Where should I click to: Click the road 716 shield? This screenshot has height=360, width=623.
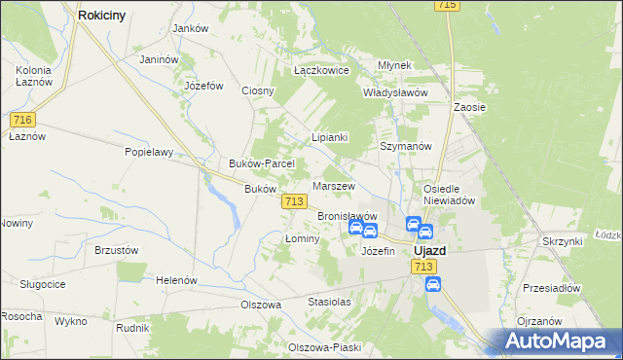click(x=24, y=120)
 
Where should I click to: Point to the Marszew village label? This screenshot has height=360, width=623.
click(x=333, y=185)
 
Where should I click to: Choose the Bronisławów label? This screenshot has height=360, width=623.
click(x=347, y=216)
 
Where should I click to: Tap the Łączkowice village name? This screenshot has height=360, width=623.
click(x=321, y=71)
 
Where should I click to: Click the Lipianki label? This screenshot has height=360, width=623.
click(x=329, y=138)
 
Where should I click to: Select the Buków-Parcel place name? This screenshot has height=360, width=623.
click(x=255, y=163)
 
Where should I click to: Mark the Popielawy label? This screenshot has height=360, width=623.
click(x=148, y=152)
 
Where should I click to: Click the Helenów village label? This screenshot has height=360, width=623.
click(x=176, y=280)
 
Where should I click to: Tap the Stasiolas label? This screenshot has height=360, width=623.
click(x=329, y=303)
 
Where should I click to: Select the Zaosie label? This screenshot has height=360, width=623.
click(x=469, y=107)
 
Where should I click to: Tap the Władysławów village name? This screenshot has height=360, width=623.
click(x=396, y=92)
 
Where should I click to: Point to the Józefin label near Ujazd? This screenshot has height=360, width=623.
click(x=378, y=251)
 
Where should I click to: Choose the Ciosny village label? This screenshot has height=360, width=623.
click(x=259, y=91)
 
